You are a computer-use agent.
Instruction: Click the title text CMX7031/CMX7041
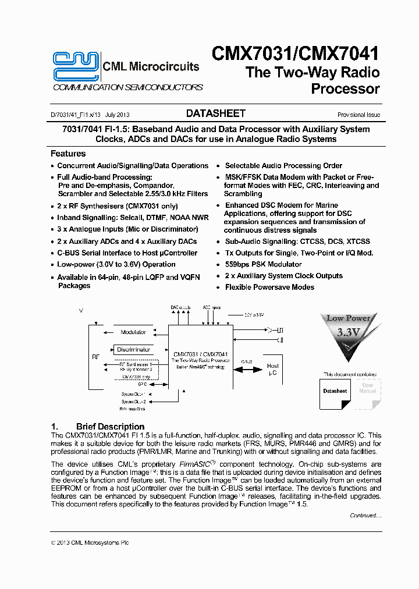point(295,54)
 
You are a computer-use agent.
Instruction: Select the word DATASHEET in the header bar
point(215,113)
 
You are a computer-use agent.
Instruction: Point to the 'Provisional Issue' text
point(358,115)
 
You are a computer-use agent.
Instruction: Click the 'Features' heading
point(68,154)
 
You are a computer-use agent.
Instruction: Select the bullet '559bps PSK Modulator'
point(263,264)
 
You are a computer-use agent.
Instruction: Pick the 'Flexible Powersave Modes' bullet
point(269,287)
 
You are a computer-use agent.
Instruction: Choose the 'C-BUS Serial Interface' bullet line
point(127,253)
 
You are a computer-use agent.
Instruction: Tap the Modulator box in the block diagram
point(133,332)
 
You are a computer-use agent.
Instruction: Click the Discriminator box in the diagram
point(133,350)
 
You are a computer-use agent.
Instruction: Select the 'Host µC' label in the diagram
point(272,370)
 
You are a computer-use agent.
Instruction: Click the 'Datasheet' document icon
point(335,391)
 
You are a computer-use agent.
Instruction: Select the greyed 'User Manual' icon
point(367,388)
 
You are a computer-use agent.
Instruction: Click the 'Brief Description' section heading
point(110,427)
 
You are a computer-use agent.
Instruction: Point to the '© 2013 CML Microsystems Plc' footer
point(90,542)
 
